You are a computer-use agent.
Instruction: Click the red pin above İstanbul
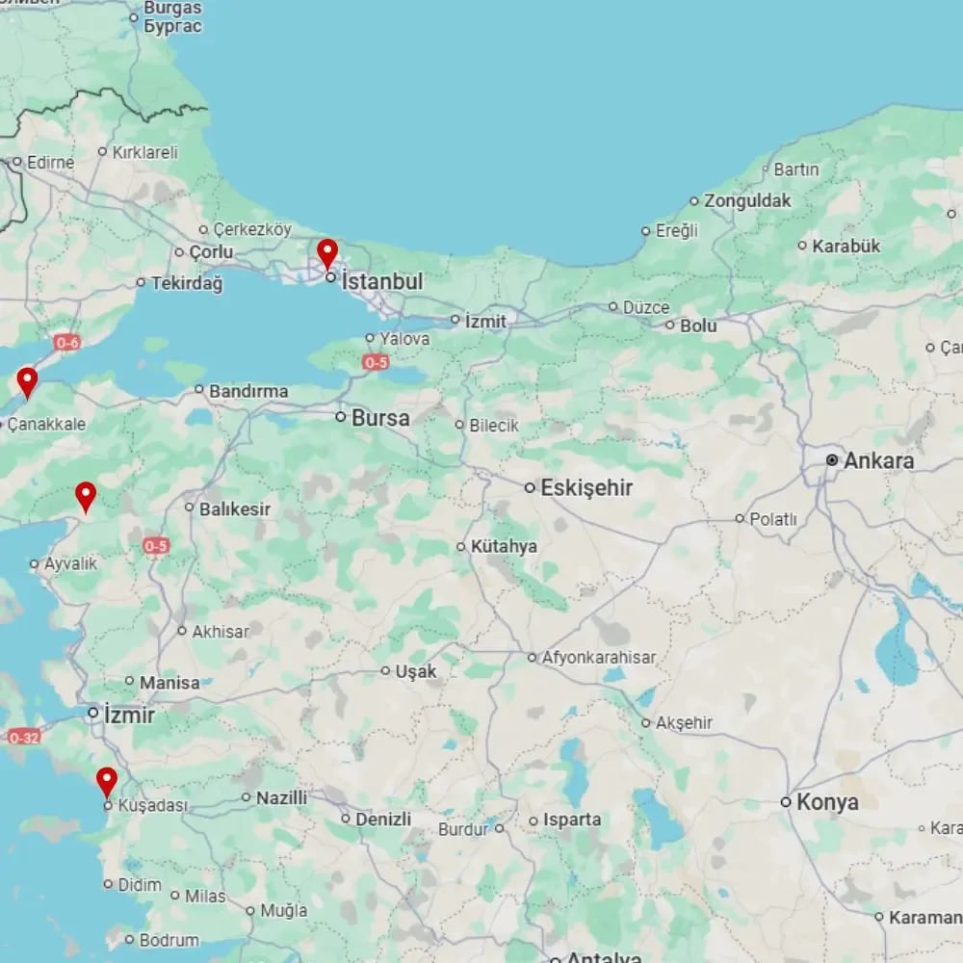327,253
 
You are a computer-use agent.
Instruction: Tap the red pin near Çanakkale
27,380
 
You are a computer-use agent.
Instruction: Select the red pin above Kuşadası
107,780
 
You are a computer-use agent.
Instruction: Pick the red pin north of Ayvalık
86,495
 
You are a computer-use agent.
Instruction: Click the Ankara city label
878,461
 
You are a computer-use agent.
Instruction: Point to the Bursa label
380,418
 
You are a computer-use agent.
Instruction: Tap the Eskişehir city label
586,488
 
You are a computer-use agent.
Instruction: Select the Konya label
827,801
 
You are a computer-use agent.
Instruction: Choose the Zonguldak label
747,201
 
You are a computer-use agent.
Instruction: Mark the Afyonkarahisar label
599,658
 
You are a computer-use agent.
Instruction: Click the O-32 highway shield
24,737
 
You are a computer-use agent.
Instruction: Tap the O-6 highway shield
67,342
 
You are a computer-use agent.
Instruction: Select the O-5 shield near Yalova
376,362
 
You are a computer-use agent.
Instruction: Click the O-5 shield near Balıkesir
156,546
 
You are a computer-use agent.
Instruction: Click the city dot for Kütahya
461,547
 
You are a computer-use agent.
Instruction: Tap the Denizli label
383,820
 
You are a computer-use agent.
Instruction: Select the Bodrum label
169,940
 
